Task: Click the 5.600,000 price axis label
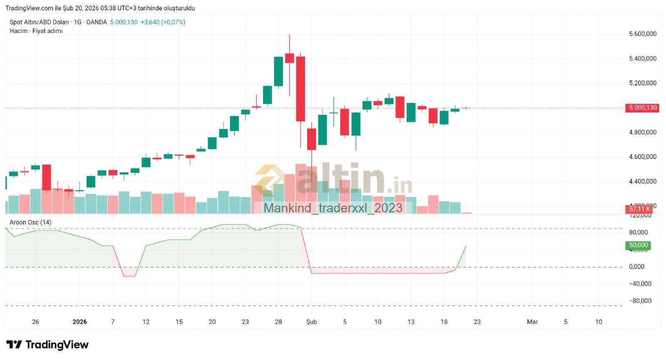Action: tap(642, 34)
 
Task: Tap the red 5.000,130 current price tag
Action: tap(643, 108)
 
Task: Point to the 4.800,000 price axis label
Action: tap(642, 132)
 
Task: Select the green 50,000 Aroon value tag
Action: tap(638, 246)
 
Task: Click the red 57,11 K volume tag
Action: tap(639, 209)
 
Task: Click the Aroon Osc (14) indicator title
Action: tap(30, 222)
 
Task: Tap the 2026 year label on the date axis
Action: tap(80, 322)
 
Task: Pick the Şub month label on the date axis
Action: tap(311, 322)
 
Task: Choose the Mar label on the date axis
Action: tap(532, 322)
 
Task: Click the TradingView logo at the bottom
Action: tap(47, 345)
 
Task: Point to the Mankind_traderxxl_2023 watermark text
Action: tap(333, 208)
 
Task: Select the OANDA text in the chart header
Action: tap(96, 22)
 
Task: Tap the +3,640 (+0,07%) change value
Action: tap(163, 22)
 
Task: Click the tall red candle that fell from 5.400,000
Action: tap(301, 89)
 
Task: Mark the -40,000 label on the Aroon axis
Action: tap(640, 284)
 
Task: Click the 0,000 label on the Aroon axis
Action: tap(636, 267)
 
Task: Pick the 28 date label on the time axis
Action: tap(278, 322)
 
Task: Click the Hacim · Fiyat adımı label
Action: tap(36, 31)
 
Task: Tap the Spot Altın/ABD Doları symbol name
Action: tap(39, 22)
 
